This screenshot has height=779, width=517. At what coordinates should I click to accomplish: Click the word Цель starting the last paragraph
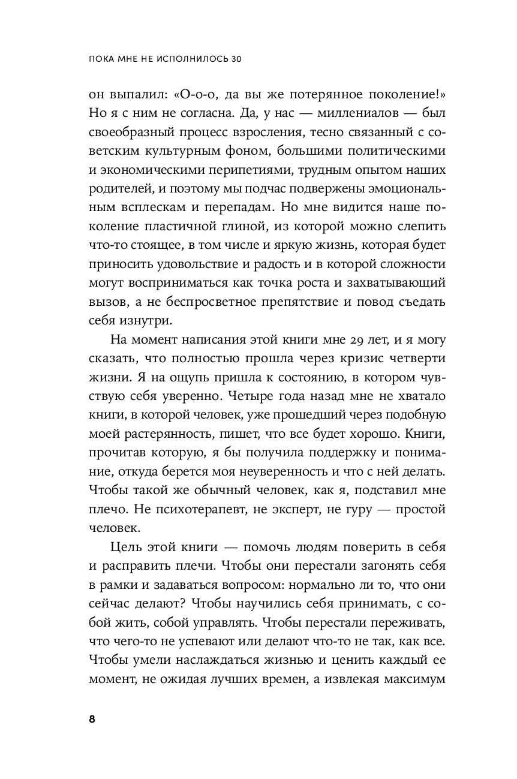pos(128,549)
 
